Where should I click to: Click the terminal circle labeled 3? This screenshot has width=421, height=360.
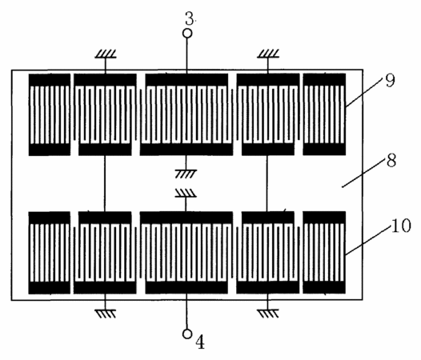187,34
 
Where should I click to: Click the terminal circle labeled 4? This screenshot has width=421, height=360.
187,334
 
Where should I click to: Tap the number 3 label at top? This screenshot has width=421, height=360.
190,18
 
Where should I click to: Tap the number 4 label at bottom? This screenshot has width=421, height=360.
200,342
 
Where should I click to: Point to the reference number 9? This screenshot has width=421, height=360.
390,80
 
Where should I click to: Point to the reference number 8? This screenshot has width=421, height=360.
391,161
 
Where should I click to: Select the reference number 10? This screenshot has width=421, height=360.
401,225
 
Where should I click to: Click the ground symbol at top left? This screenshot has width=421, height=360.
106,54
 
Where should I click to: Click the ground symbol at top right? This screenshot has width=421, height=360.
268,54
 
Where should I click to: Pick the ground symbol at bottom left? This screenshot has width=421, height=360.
106,314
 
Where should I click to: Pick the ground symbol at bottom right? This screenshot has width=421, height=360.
267,314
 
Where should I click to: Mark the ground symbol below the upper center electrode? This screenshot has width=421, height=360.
186,174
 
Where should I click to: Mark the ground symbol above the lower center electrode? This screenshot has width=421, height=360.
186,193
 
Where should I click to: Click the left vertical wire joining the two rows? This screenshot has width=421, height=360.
105,183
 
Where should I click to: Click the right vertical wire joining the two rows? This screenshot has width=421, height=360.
267,183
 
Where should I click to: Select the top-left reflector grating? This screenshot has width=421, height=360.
50,114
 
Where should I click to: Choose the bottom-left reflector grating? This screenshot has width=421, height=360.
50,253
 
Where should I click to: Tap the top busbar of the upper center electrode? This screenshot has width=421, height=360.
186,80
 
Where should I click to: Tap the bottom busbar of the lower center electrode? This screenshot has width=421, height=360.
186,287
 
